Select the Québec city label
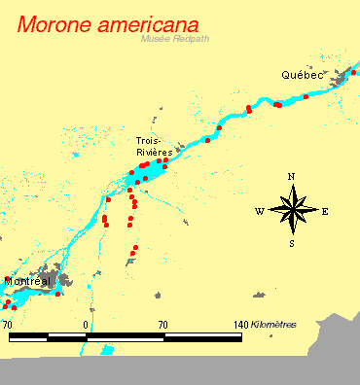click(301, 74)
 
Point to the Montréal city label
click(27, 281)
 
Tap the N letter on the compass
click(291, 176)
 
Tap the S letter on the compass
click(291, 243)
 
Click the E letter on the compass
click(325, 210)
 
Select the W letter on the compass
click(259, 210)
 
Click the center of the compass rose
click(291, 209)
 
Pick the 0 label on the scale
click(87, 324)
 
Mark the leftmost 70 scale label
click(8, 324)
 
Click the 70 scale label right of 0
click(163, 324)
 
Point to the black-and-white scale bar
click(125, 336)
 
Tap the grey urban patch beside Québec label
click(341, 78)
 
